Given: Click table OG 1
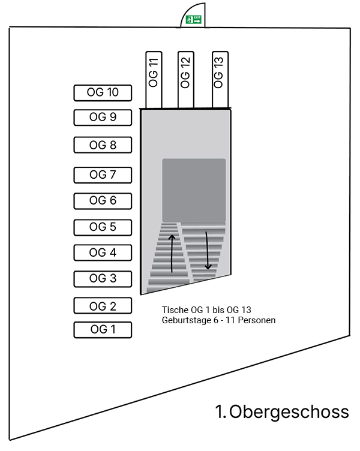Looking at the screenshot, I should click(102, 330).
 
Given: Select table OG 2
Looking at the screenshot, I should click(102, 305).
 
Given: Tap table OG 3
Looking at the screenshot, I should click(102, 279).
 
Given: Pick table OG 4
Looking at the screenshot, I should click(102, 252).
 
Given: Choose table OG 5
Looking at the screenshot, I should click(102, 227).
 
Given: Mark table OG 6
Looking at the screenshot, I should click(102, 201).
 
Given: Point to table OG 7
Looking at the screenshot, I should click(102, 175).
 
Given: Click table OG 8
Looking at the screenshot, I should click(102, 145).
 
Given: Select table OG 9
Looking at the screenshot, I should click(102, 118).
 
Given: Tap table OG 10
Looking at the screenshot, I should click(102, 92).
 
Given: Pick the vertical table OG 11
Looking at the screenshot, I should click(154, 79).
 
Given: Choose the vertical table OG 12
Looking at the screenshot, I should click(186, 79).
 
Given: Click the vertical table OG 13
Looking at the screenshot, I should click(219, 79).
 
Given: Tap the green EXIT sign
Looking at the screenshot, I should click(193, 20).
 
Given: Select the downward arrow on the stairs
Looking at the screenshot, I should click(209, 250).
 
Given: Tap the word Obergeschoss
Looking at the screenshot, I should click(289, 412).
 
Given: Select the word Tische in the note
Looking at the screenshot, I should click(175, 310).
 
